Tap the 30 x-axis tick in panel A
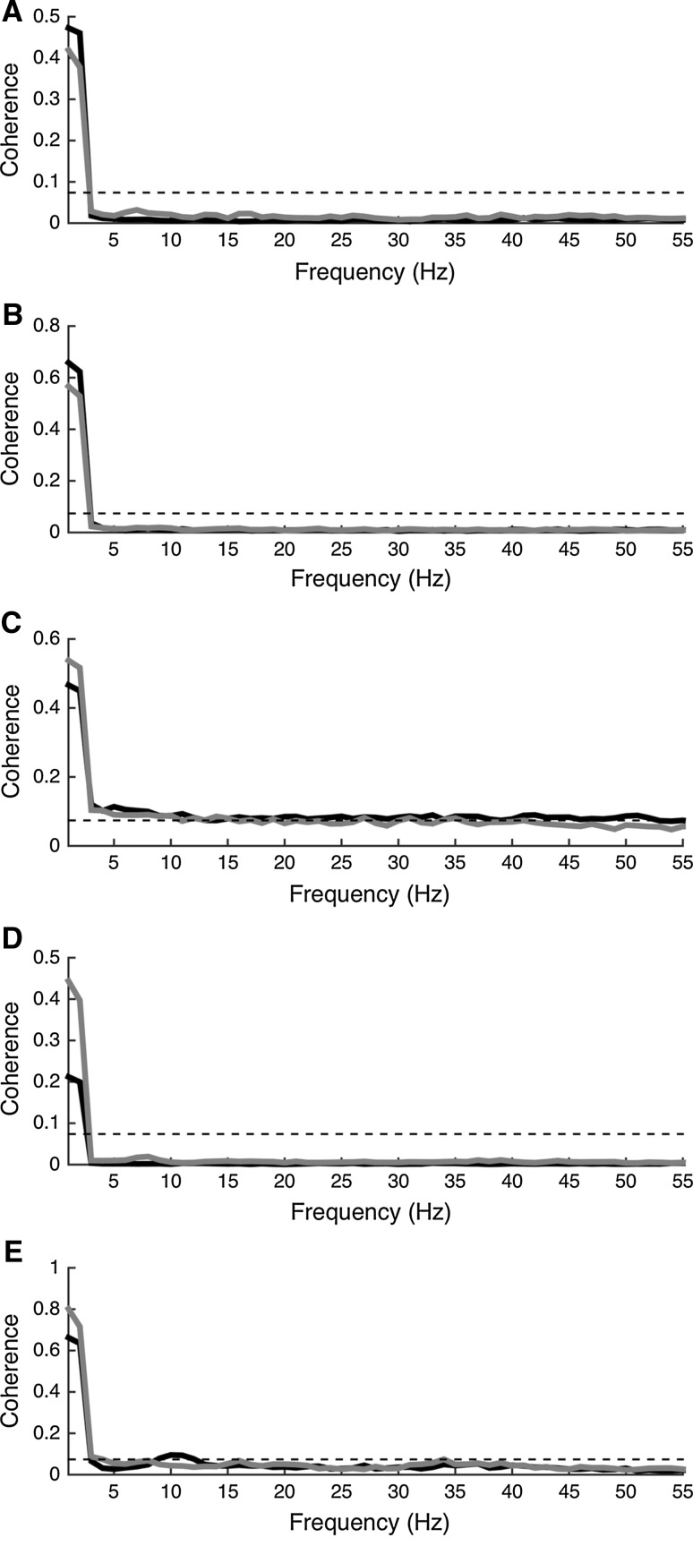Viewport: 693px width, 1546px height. [x=398, y=240]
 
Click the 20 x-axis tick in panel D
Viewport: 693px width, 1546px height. [x=285, y=1182]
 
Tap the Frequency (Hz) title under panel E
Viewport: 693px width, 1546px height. [x=370, y=1522]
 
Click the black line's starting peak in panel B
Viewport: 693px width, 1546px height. [x=68, y=363]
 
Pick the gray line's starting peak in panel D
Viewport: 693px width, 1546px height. [x=68, y=981]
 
